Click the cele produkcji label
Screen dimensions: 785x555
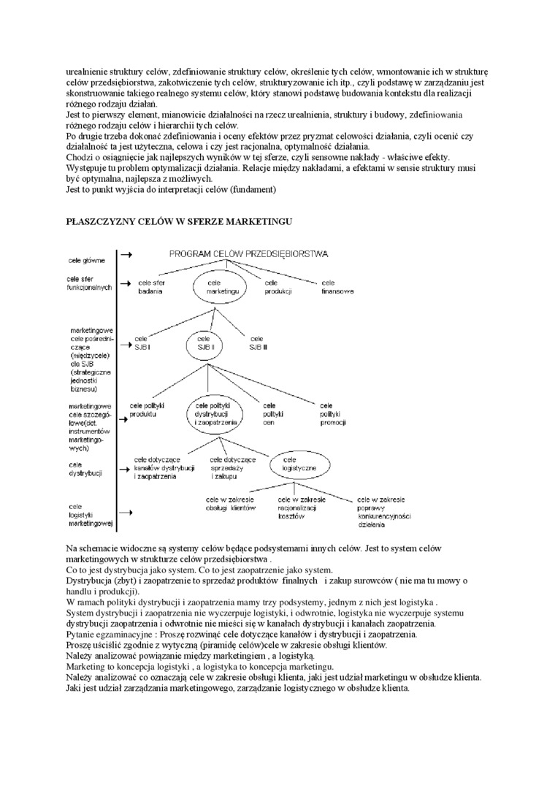click(277, 287)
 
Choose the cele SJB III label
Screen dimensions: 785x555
click(259, 343)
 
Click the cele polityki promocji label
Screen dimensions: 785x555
click(332, 414)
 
